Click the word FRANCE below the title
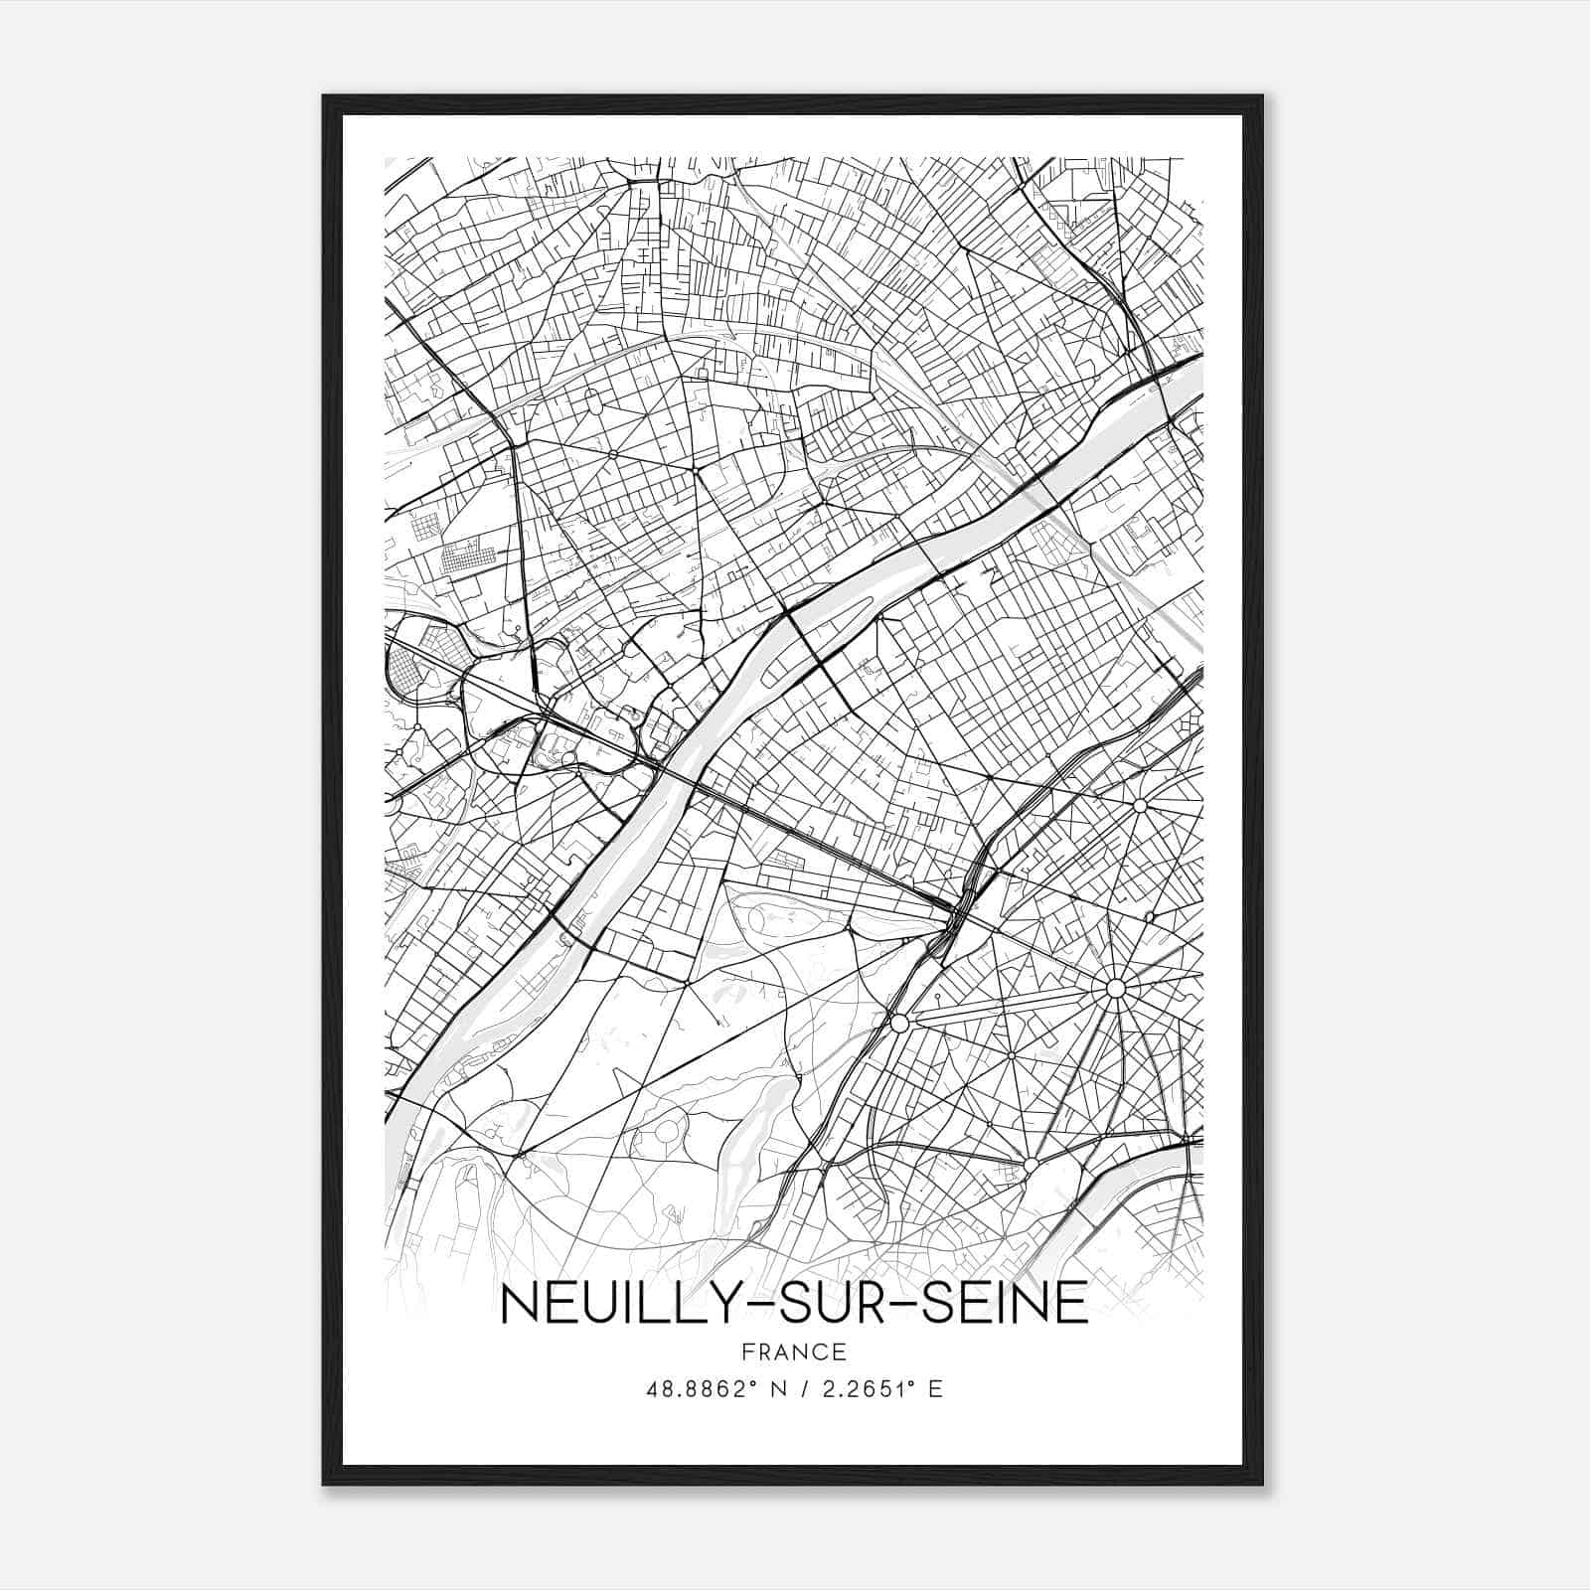click(x=794, y=1351)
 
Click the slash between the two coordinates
click(x=803, y=1389)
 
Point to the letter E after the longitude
click(x=935, y=1389)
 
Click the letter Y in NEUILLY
click(x=722, y=1305)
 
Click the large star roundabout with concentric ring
click(x=1115, y=988)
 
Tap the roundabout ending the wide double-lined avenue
click(x=899, y=1023)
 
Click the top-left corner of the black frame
click(x=324, y=96)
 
